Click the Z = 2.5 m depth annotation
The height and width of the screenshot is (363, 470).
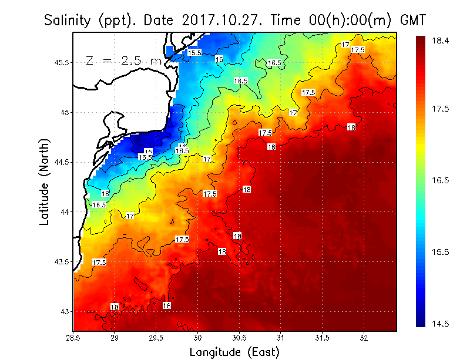tap(123, 60)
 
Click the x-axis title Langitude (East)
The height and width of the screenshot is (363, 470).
tap(234, 352)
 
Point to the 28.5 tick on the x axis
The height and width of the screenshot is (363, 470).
tap(73, 338)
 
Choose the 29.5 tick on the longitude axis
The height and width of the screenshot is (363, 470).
tap(156, 338)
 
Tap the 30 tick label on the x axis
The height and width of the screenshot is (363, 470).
tap(198, 338)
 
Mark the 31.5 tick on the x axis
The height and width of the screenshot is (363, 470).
tap(323, 338)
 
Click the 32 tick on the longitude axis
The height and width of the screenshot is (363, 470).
tap(364, 338)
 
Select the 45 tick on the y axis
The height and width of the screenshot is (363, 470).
tap(65, 112)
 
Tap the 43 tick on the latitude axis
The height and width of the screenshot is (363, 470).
tap(65, 311)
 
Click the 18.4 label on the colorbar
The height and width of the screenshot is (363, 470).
tap(441, 41)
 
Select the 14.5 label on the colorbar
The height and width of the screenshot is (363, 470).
tap(441, 324)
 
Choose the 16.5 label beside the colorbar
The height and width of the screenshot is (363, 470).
tap(441, 181)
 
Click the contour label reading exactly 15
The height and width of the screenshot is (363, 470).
tap(149, 152)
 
